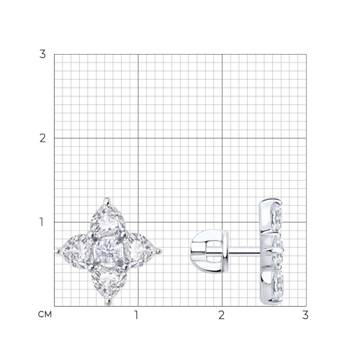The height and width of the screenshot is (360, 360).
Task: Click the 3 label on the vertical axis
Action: click(x=43, y=54)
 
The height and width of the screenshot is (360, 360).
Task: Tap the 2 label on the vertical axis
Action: click(x=43, y=139)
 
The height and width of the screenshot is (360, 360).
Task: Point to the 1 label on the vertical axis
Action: click(x=41, y=222)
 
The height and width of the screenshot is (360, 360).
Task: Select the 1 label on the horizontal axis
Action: click(x=136, y=315)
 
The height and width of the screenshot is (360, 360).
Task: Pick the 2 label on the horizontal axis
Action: click(x=221, y=315)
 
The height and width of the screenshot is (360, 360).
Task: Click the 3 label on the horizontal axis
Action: click(x=305, y=315)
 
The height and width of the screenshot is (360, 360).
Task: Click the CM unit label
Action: click(x=45, y=314)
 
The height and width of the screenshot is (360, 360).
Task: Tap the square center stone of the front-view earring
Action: click(x=108, y=251)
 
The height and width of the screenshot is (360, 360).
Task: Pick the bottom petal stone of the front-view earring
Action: click(x=109, y=282)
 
